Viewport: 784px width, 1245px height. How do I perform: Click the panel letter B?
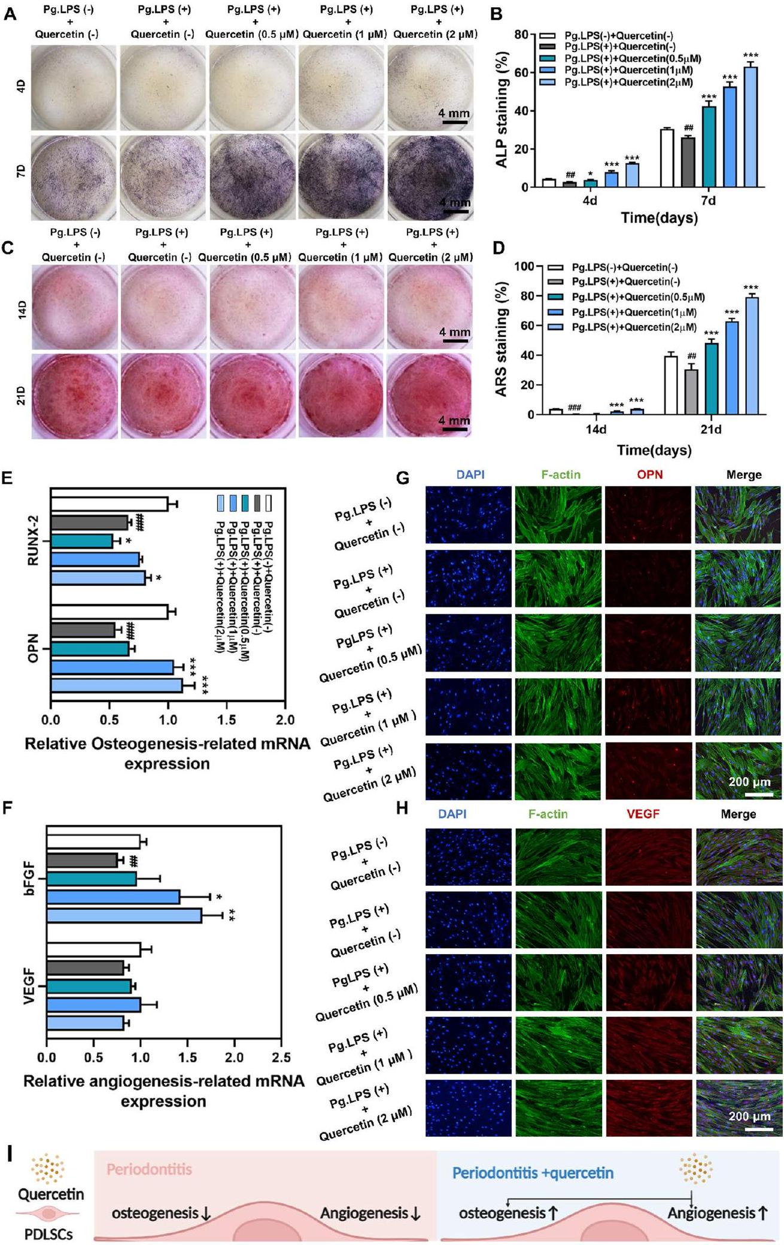(496, 13)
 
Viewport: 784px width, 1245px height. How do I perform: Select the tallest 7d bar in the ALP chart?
(750, 127)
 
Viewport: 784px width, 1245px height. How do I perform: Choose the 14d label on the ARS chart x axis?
(596, 429)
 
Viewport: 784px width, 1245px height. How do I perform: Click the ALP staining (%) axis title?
(502, 110)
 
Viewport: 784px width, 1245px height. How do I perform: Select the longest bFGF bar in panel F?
(124, 915)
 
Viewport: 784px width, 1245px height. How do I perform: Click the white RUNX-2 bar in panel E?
(109, 504)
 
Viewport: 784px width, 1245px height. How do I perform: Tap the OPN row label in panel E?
(33, 648)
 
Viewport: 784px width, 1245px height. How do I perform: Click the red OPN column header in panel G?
(649, 475)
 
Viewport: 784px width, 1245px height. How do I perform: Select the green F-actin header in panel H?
(548, 814)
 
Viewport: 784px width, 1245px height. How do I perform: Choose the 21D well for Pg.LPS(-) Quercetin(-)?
(74, 396)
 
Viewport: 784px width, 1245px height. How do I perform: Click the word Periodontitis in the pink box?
(149, 1169)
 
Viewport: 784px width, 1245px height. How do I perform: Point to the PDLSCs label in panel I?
(48, 1234)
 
